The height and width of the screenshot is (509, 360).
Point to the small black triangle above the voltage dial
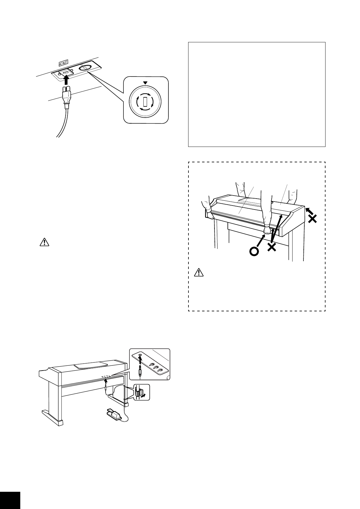(x=145, y=83)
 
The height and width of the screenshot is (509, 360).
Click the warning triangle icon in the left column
(x=44, y=242)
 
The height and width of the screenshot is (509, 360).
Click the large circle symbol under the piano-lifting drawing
(x=254, y=251)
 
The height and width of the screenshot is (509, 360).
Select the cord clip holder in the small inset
(x=139, y=393)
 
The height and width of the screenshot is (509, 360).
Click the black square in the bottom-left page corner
(x=10, y=500)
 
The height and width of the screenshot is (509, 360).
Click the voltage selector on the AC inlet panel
(x=86, y=68)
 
